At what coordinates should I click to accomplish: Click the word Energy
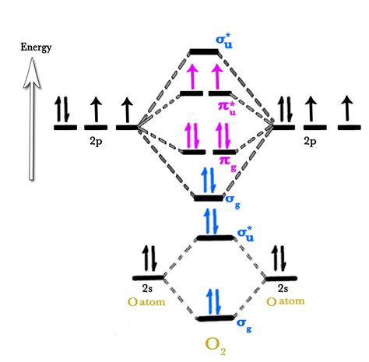pos(36,47)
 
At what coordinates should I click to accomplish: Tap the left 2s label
pos(148,287)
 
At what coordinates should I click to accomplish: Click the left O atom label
pos(149,300)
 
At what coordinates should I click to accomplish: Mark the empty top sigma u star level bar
pos(205,52)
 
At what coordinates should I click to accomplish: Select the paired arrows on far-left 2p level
pos(63,111)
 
